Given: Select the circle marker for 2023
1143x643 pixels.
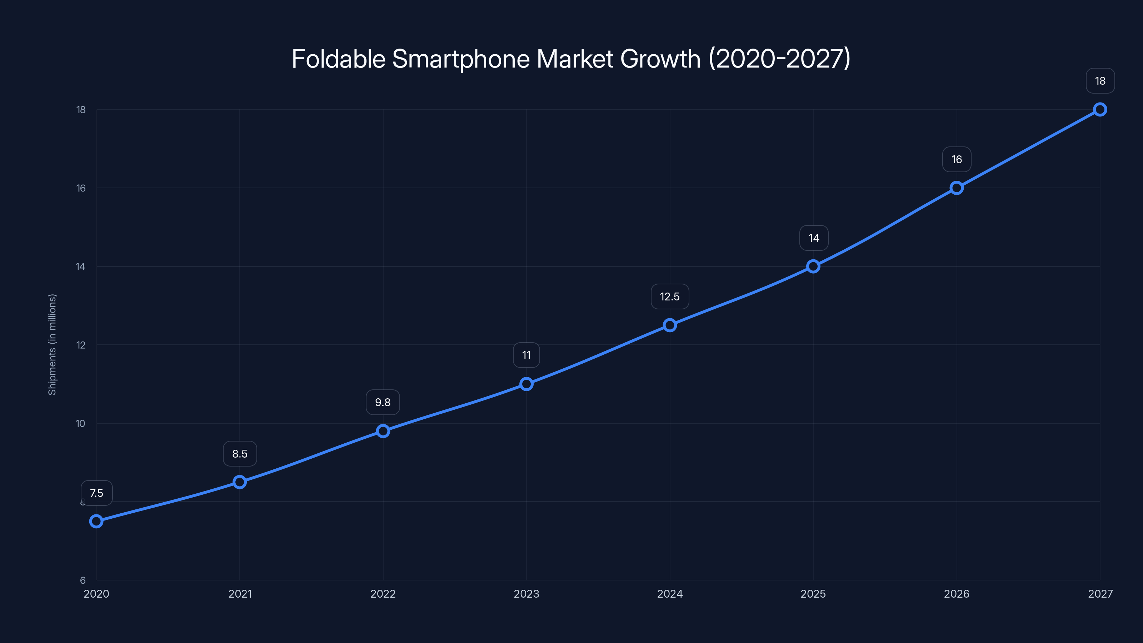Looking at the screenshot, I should tap(526, 384).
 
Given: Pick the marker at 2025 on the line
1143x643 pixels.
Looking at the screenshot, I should tap(813, 266).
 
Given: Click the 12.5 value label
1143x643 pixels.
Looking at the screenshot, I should tap(670, 296).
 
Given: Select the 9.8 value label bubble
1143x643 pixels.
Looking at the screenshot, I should tap(383, 402).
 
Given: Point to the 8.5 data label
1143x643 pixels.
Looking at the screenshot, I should tap(240, 454).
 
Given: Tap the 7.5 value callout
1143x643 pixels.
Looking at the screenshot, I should tap(96, 493).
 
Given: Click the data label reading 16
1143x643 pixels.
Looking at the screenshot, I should tap(956, 159).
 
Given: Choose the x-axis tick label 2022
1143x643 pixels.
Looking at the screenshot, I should tap(383, 594).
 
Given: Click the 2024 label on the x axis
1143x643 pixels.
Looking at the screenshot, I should tap(670, 594).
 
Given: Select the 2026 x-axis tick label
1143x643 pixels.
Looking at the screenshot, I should tap(956, 594).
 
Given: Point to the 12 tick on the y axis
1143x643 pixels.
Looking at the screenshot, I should tap(81, 345).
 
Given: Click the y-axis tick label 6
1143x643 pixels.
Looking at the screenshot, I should tap(83, 580).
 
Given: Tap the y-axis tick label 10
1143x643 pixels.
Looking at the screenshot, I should tap(80, 423).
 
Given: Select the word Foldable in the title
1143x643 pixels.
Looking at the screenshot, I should tap(338, 59).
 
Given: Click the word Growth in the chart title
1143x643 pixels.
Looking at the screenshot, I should tap(660, 59).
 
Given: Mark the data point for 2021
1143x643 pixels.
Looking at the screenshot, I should tap(240, 482).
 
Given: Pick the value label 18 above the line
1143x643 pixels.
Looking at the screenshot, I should tap(1100, 81).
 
